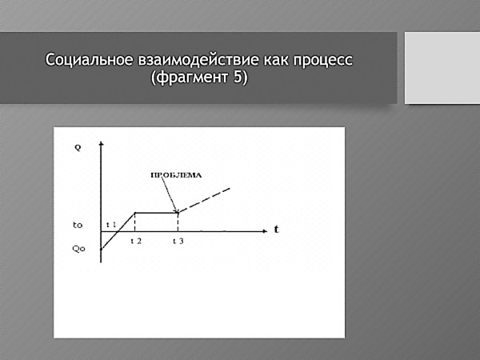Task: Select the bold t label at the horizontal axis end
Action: pos(276,229)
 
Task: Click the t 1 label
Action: pos(111,225)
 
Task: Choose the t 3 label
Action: pos(178,241)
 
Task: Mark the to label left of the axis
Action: pos(78,226)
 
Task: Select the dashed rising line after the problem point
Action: pos(204,200)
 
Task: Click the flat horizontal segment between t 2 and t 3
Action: pos(156,212)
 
